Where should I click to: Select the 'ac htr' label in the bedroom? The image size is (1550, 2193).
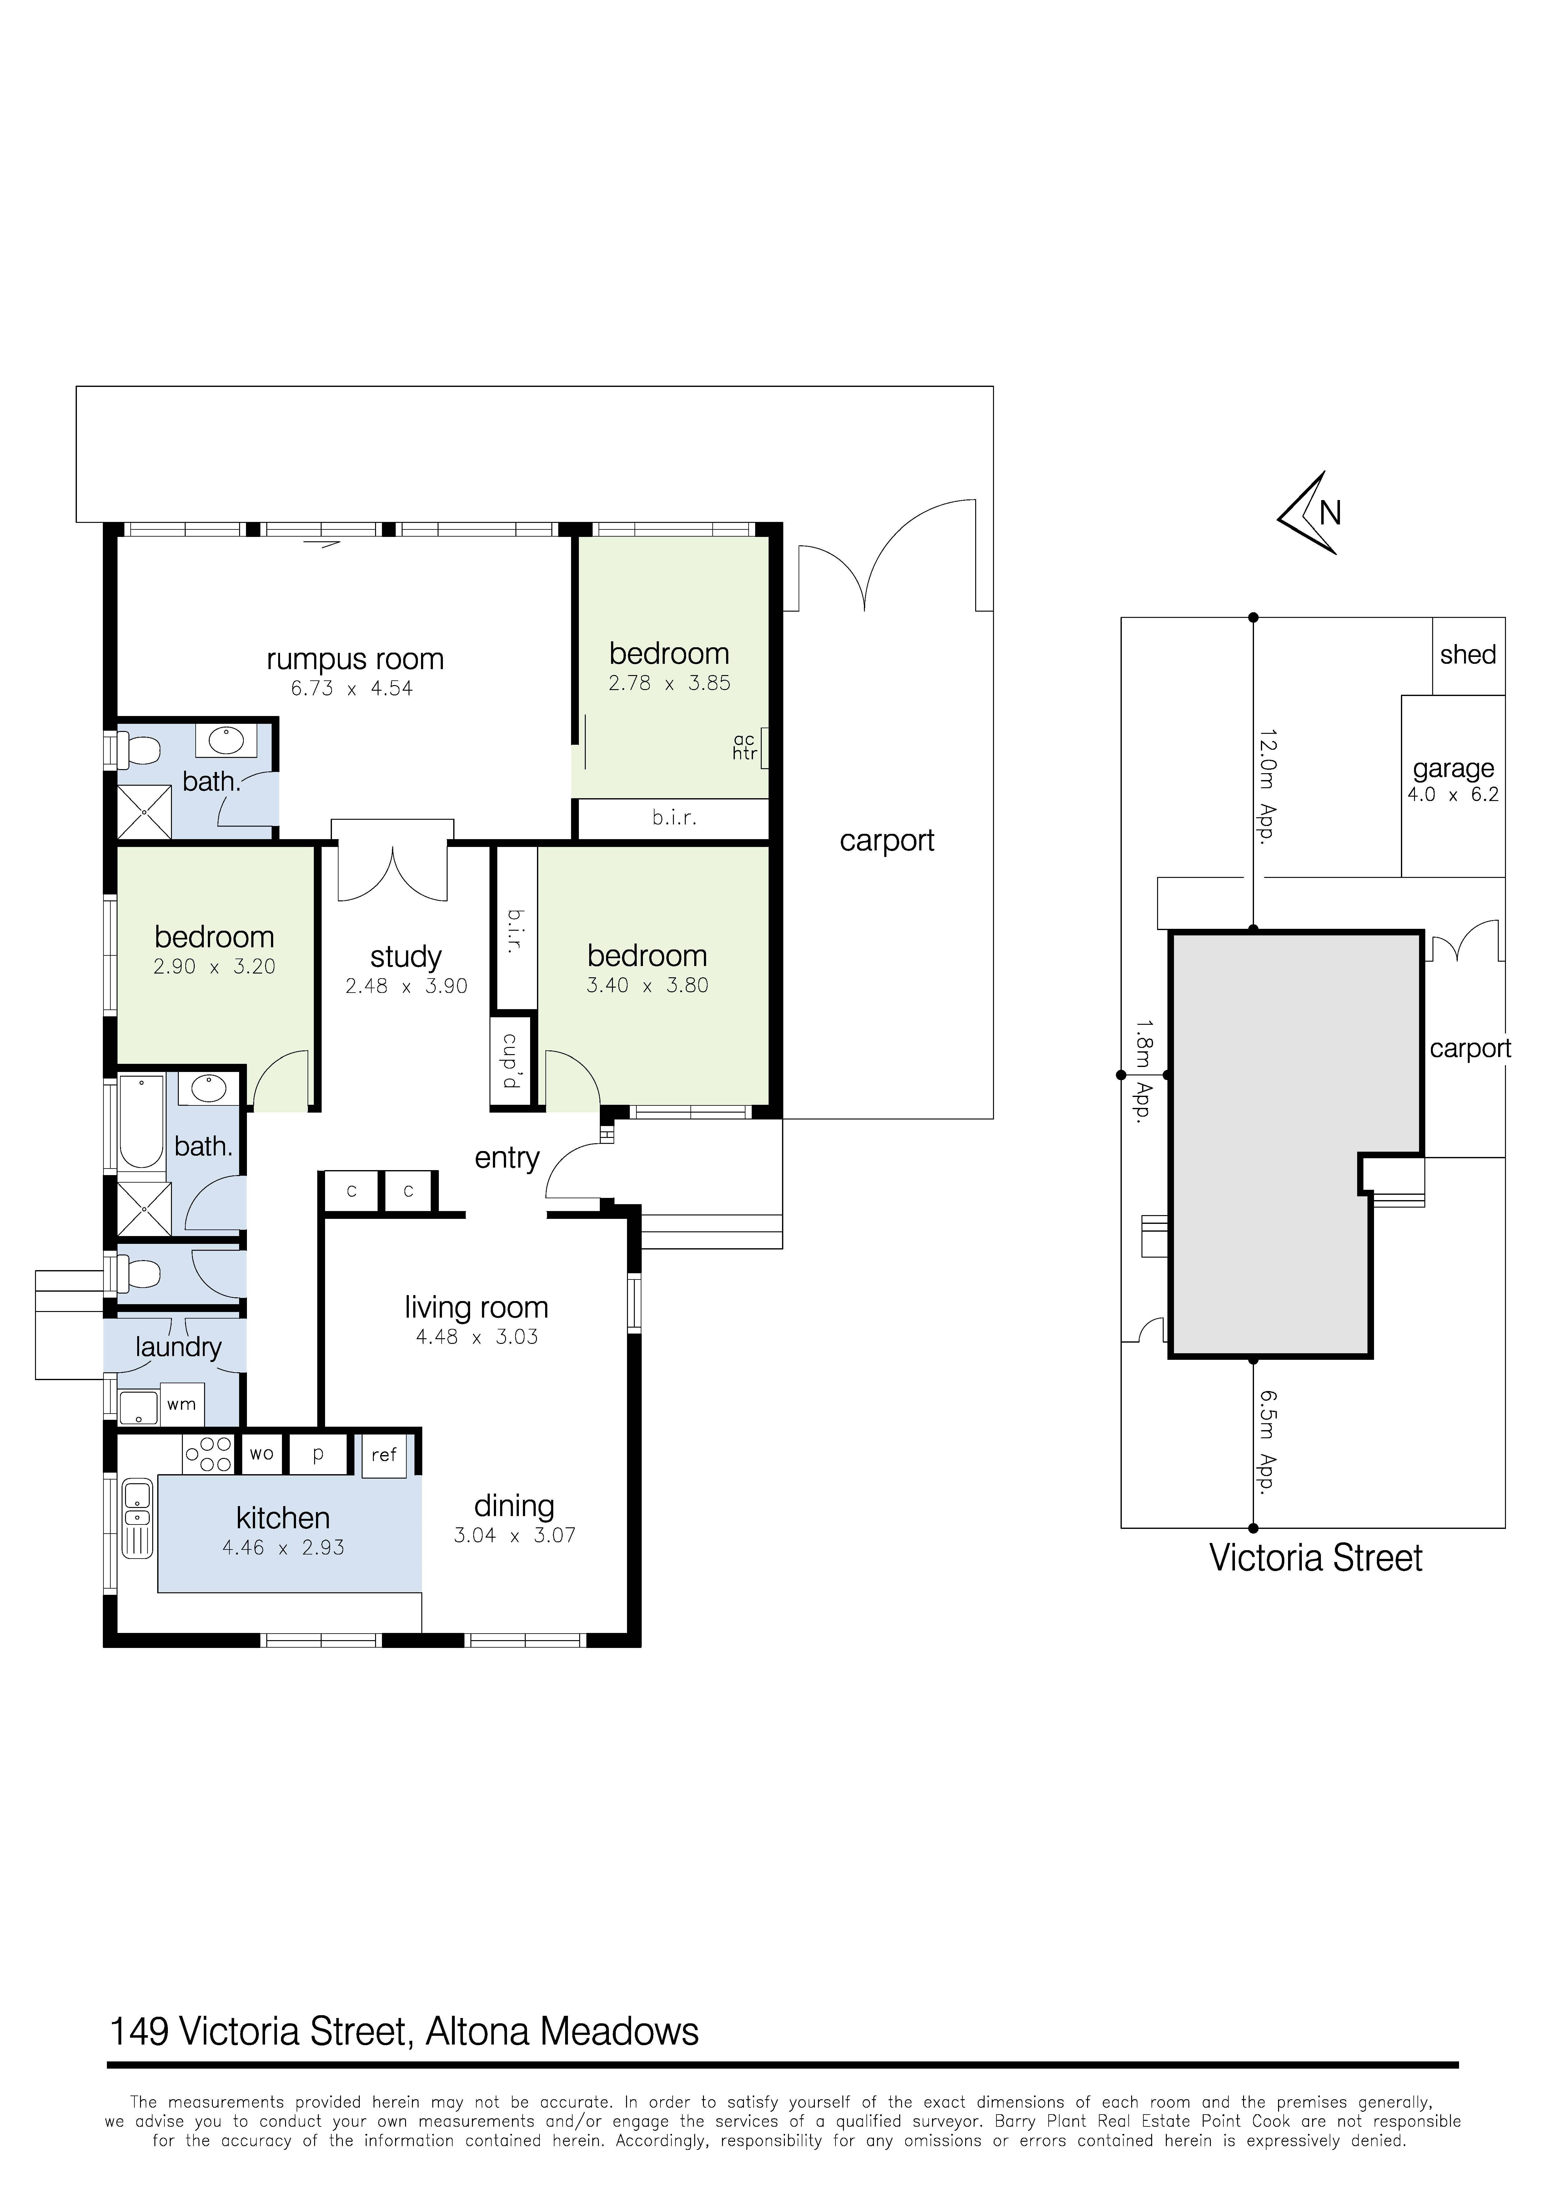pos(745,747)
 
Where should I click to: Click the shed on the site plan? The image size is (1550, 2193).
pos(1468,655)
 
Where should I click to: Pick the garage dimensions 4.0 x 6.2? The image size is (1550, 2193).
pos(1452,795)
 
